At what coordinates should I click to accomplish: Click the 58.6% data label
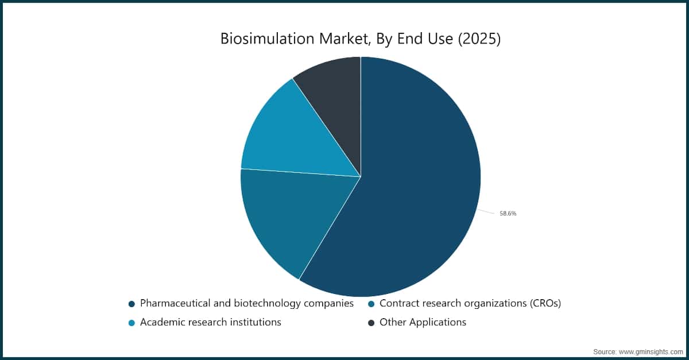pos(508,214)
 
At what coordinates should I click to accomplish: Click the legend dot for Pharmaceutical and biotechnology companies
pos(132,304)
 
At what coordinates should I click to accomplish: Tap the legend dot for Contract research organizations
pos(371,304)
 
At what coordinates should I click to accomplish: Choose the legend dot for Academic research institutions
pos(132,323)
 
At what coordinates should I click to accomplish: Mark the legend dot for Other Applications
pos(371,323)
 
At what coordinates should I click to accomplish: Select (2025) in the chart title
pos(479,39)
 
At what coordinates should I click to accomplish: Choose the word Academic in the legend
pos(163,322)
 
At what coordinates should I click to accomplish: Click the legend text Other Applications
pos(423,322)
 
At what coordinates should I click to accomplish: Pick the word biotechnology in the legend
pos(261,303)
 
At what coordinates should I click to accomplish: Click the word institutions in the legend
pos(254,322)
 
